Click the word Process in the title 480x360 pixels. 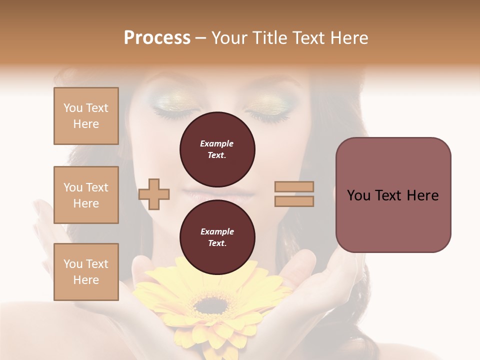[157, 38]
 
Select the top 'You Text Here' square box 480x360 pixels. [86, 116]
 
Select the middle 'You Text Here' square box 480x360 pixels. [86, 195]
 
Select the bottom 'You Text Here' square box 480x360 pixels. [86, 271]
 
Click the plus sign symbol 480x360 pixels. [154, 194]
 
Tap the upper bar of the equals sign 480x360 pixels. [294, 186]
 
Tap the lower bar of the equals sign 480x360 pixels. [294, 201]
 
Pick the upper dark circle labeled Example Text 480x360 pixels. [217, 149]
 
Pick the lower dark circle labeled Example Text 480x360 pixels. [217, 237]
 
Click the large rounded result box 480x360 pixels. [393, 195]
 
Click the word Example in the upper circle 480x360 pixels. [217, 143]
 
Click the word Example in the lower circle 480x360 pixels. [217, 231]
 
